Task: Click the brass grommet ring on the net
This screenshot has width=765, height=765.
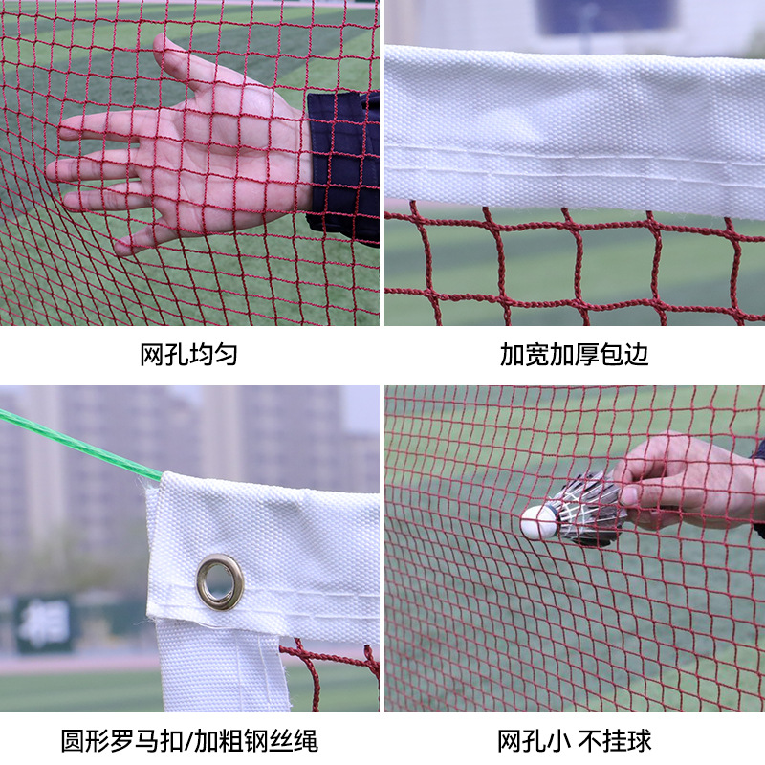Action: [220, 582]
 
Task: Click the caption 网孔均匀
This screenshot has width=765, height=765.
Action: [189, 356]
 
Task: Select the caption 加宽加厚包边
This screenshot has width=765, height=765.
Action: [574, 356]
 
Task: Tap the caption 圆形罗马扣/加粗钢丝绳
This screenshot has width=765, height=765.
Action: [189, 739]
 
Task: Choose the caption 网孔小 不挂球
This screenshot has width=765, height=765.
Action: [574, 739]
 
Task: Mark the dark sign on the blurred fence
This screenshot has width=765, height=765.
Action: [44, 623]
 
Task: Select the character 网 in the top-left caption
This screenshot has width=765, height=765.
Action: [153, 356]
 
